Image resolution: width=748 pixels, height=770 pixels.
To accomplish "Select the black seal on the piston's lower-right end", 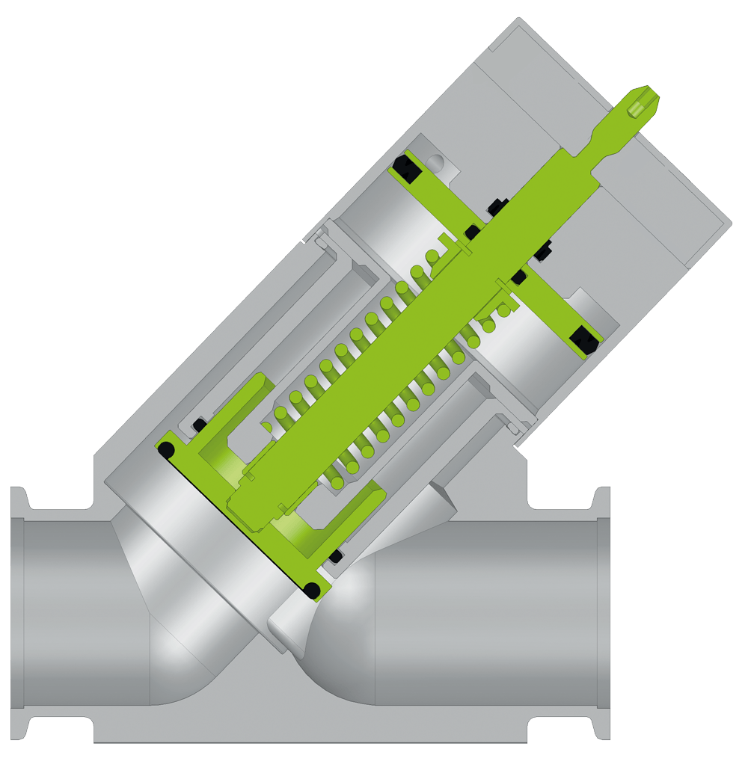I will tap(583, 339).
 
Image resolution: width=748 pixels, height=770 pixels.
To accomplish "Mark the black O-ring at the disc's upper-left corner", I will tap(165, 450).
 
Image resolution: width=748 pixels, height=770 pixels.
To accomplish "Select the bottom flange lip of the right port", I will tap(602, 730).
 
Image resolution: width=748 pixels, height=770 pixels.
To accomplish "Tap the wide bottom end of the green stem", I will tap(254, 493).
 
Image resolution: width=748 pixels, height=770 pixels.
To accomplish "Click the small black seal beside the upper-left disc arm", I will tap(199, 425).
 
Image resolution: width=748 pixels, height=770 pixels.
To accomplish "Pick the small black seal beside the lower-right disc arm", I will tap(336, 556).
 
